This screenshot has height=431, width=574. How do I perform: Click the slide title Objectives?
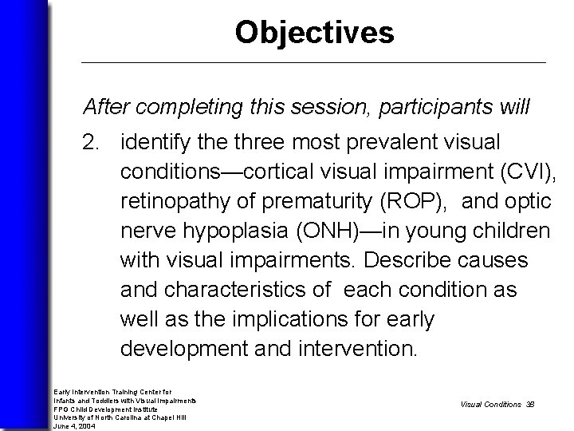tap(314, 33)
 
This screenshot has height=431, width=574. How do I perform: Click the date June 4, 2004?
tap(73, 425)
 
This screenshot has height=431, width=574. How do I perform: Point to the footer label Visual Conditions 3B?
tap(497, 404)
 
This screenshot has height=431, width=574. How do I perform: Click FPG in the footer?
tap(61, 409)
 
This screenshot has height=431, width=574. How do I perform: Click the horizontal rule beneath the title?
tap(314, 62)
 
